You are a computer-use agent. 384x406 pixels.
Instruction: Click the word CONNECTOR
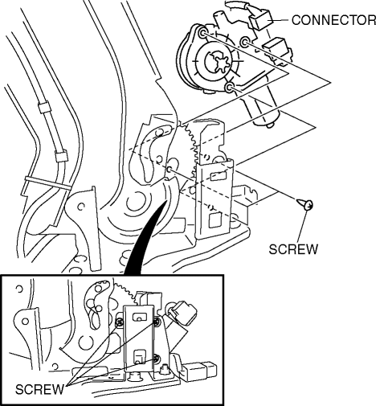[x=333, y=20]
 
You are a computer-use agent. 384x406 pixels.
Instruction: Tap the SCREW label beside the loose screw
[x=293, y=249]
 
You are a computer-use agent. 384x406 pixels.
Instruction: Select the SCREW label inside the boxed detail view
[x=39, y=389]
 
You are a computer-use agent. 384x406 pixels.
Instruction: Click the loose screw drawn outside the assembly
[x=305, y=204]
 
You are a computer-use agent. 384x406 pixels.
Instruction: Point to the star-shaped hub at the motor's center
[x=219, y=63]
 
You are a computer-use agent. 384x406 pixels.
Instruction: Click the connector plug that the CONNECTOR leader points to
[x=260, y=19]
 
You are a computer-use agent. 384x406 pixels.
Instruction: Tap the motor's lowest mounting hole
[x=229, y=88]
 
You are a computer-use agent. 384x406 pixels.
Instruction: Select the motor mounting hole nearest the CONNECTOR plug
[x=244, y=42]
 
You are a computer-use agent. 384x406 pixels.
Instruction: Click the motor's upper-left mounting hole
[x=202, y=33]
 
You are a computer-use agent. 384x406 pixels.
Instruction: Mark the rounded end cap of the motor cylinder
[x=268, y=120]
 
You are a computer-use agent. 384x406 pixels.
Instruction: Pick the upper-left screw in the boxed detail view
[x=119, y=322]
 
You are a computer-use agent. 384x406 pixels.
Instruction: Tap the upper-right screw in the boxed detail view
[x=157, y=322]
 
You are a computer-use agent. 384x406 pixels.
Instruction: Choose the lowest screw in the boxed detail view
[x=157, y=359]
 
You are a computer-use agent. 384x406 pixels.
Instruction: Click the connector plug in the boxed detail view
[x=184, y=313]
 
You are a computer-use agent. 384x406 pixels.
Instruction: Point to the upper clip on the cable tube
[x=43, y=106]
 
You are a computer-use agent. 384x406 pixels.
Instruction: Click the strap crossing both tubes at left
[x=47, y=182]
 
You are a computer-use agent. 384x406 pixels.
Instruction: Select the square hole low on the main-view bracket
[x=216, y=220]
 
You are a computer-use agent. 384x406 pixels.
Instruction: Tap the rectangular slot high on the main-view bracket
[x=219, y=176]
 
